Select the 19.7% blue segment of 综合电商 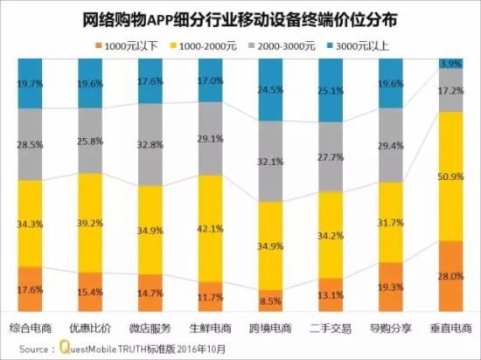30,83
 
